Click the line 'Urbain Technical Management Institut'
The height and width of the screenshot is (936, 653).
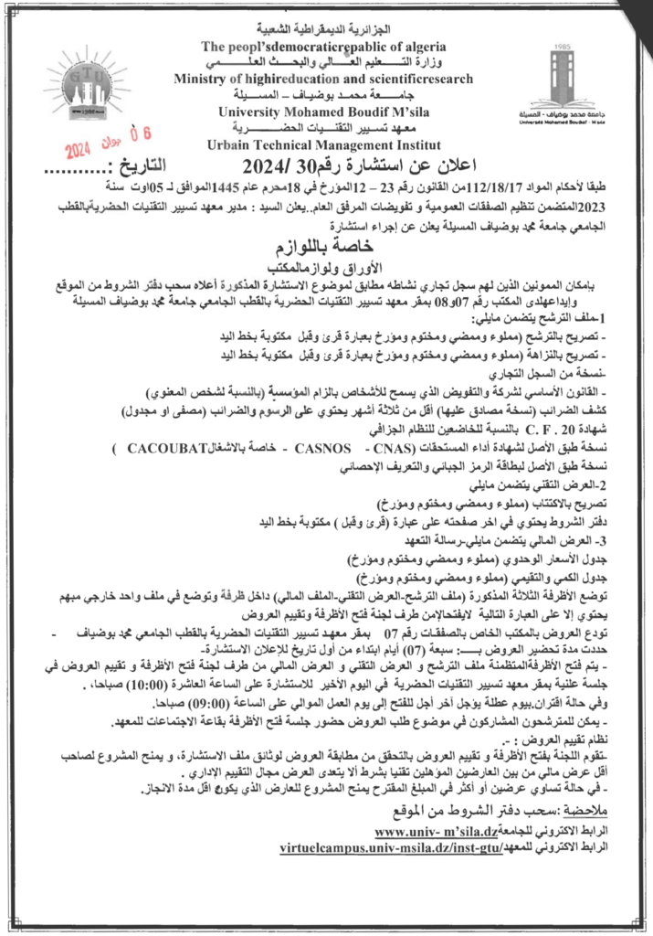coord(323,144)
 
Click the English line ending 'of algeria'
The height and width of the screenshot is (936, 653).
coord(323,46)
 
